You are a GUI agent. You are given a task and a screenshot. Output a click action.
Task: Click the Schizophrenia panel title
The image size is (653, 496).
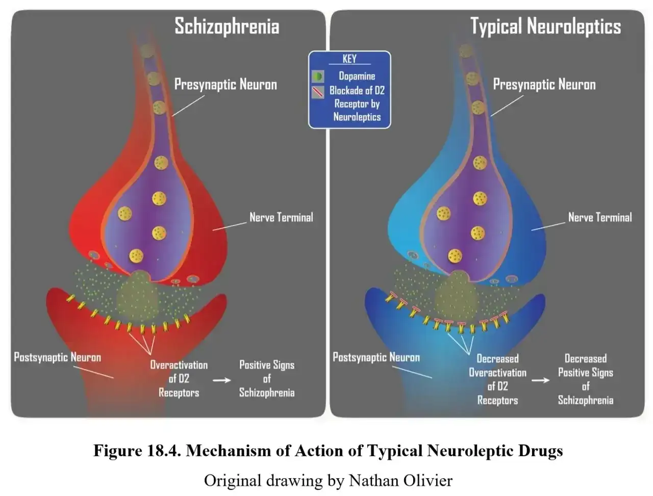point(227,27)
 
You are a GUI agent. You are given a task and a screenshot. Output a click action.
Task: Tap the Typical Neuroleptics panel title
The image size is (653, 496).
point(545,27)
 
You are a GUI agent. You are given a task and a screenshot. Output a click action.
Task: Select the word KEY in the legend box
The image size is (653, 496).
point(349,59)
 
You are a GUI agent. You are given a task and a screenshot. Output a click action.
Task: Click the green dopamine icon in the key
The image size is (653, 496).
point(318,76)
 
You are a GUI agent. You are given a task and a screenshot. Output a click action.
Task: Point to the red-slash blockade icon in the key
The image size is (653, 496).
point(318,92)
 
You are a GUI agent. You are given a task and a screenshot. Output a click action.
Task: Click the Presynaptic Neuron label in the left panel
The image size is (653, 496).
point(225,85)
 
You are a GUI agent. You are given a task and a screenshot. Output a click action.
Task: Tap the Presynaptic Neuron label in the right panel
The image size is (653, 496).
point(544,85)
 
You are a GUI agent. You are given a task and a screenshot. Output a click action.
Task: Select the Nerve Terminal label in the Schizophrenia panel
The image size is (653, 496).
point(281,217)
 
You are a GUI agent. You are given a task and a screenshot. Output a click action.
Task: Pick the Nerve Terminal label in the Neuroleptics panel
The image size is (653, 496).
point(600,217)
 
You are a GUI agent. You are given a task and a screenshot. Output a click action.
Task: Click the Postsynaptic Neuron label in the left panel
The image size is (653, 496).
point(58,357)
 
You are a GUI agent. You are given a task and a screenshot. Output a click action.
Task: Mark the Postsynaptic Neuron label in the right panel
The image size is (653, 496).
point(376,357)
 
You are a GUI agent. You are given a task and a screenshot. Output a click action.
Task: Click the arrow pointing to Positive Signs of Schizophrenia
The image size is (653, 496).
point(221,380)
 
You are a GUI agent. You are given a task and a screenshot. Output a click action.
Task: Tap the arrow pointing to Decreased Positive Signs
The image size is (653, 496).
point(540,380)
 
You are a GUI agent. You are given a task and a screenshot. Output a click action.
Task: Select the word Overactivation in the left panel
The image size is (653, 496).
point(179,365)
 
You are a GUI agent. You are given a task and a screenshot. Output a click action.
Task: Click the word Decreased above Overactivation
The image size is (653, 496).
point(497,358)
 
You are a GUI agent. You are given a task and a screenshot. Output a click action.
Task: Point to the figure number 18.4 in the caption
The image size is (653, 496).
point(164,451)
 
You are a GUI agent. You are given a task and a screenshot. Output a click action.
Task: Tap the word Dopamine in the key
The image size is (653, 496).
point(357,76)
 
